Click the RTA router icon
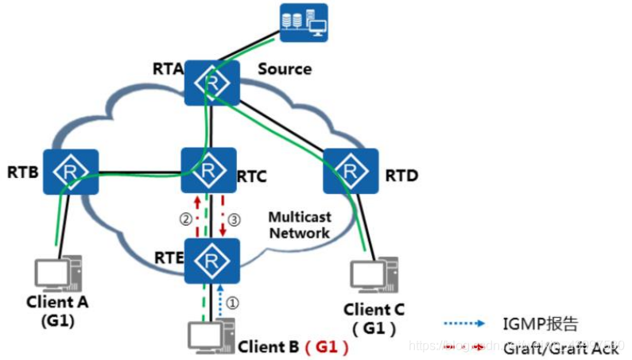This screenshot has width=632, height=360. point(212,80)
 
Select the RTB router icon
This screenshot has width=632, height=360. point(71,172)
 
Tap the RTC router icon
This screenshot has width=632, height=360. point(209,171)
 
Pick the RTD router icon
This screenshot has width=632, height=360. point(350,170)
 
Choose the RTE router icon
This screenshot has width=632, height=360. point(211,261)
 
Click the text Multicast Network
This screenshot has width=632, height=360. point(299,225)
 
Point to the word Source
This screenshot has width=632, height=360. point(285,69)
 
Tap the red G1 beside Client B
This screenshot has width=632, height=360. point(328,346)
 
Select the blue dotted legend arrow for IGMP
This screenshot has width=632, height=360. point(465,323)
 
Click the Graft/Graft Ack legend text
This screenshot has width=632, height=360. point(560,348)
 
